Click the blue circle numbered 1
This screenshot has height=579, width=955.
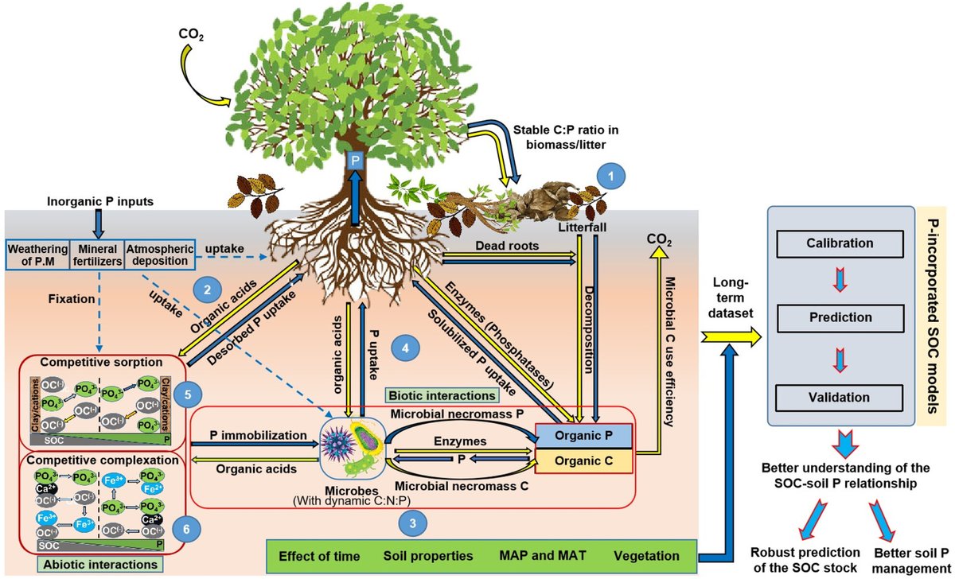click(610, 175)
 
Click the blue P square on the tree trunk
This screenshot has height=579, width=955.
click(357, 159)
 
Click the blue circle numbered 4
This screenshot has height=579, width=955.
click(406, 348)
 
